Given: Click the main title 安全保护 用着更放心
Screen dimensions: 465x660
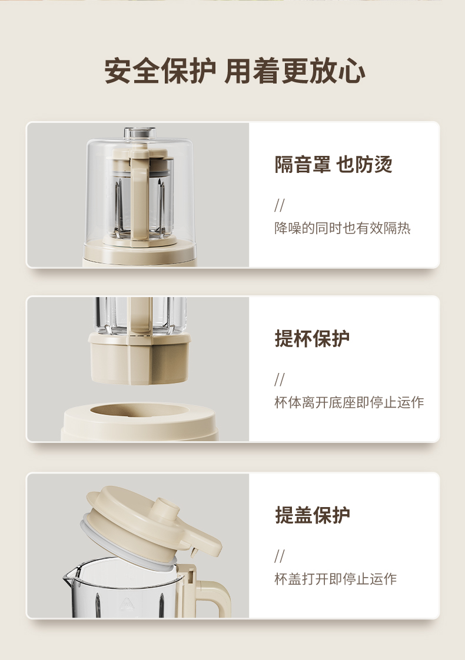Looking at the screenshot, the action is point(234,70).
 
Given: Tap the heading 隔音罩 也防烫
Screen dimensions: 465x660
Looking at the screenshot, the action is point(333,164).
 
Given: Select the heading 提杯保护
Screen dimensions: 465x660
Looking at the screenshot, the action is point(312,338).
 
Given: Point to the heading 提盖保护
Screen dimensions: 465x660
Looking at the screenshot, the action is point(312,515).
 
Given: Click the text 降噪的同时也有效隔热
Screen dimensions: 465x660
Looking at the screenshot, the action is point(342,228).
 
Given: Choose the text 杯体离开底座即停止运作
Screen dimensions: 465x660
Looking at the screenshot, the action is point(348,402).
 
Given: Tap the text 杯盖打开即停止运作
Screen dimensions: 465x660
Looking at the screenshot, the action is point(336,579).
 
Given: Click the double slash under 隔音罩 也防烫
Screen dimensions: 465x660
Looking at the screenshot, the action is point(279,205).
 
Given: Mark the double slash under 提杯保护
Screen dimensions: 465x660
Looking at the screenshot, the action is point(279,379).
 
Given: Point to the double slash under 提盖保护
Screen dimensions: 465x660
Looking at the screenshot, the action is point(279,556).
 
